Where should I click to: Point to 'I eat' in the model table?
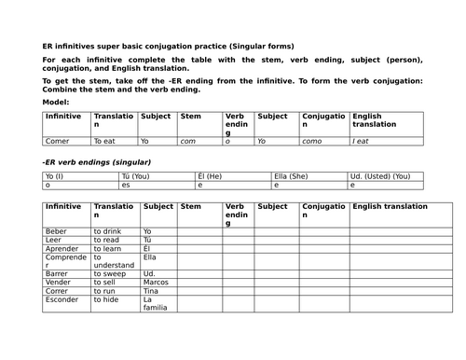(x=364, y=141)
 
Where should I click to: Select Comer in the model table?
(x=57, y=141)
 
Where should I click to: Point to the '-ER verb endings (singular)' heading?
(x=97, y=162)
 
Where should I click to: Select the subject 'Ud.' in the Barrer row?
(x=149, y=276)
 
